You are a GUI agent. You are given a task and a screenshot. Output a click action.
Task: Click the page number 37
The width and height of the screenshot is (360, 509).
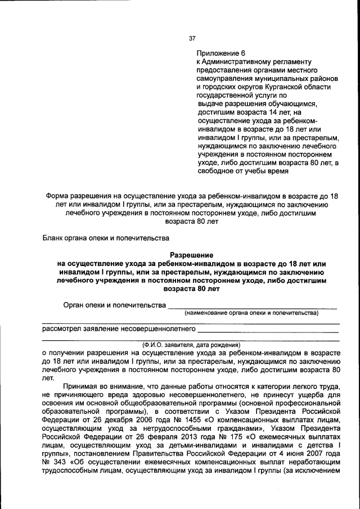point(192,38)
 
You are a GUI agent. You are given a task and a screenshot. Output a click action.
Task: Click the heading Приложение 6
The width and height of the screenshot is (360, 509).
point(221,52)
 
